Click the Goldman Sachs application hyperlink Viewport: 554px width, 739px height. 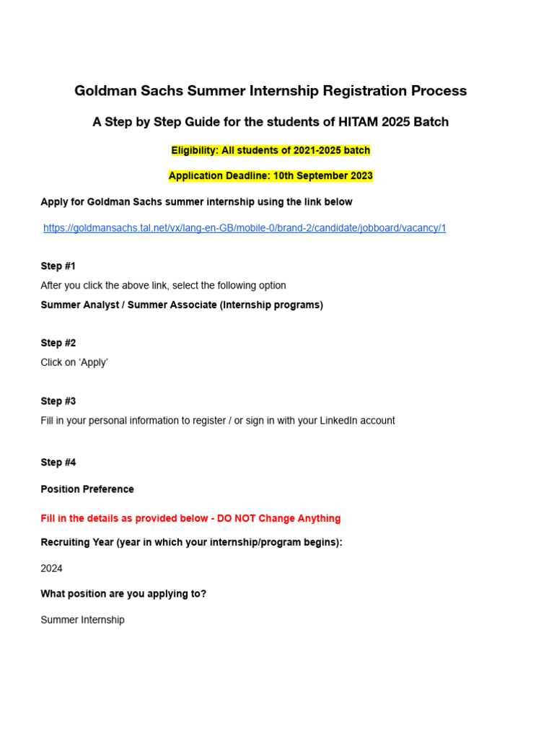tap(245, 228)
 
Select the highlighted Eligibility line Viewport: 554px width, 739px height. tap(271, 151)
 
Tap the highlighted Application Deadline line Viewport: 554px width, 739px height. tap(271, 176)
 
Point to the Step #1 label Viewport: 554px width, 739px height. tap(58, 266)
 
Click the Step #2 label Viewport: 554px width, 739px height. tap(58, 343)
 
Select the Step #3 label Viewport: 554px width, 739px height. tap(58, 401)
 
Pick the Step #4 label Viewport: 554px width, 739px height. tap(58, 463)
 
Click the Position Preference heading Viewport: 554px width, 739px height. tap(87, 489)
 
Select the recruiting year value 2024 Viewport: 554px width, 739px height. tap(52, 569)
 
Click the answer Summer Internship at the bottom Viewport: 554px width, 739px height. tap(82, 620)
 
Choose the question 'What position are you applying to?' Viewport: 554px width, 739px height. tap(123, 594)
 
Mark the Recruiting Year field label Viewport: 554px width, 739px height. tap(191, 542)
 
